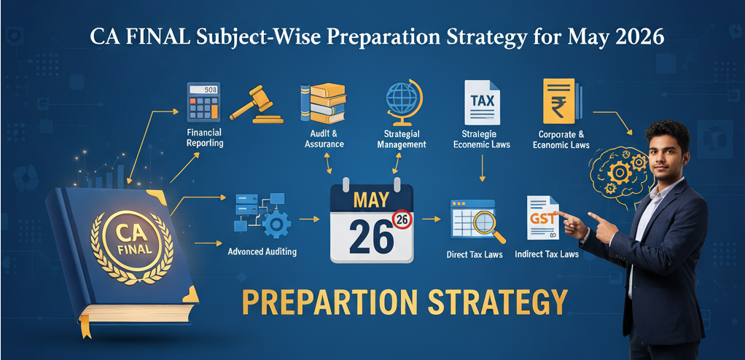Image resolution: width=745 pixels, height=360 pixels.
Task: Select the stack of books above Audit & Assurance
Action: coord(323,103)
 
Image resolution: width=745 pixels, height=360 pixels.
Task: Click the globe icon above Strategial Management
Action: coord(404,101)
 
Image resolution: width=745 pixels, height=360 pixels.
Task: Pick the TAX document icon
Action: coord(483,102)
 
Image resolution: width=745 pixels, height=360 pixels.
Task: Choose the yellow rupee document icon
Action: coord(561,101)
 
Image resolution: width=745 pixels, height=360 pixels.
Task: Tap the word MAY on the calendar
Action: coord(372,200)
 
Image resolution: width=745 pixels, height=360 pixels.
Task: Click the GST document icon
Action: coord(543,218)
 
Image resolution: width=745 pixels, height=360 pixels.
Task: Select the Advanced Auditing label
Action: coord(262,251)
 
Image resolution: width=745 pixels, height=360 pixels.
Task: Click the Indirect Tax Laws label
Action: coord(547,254)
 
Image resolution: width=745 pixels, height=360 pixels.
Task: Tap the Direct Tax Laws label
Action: coord(475,254)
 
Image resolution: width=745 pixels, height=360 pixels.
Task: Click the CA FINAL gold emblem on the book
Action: coord(133,240)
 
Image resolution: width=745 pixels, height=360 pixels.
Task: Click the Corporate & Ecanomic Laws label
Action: coord(561,140)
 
